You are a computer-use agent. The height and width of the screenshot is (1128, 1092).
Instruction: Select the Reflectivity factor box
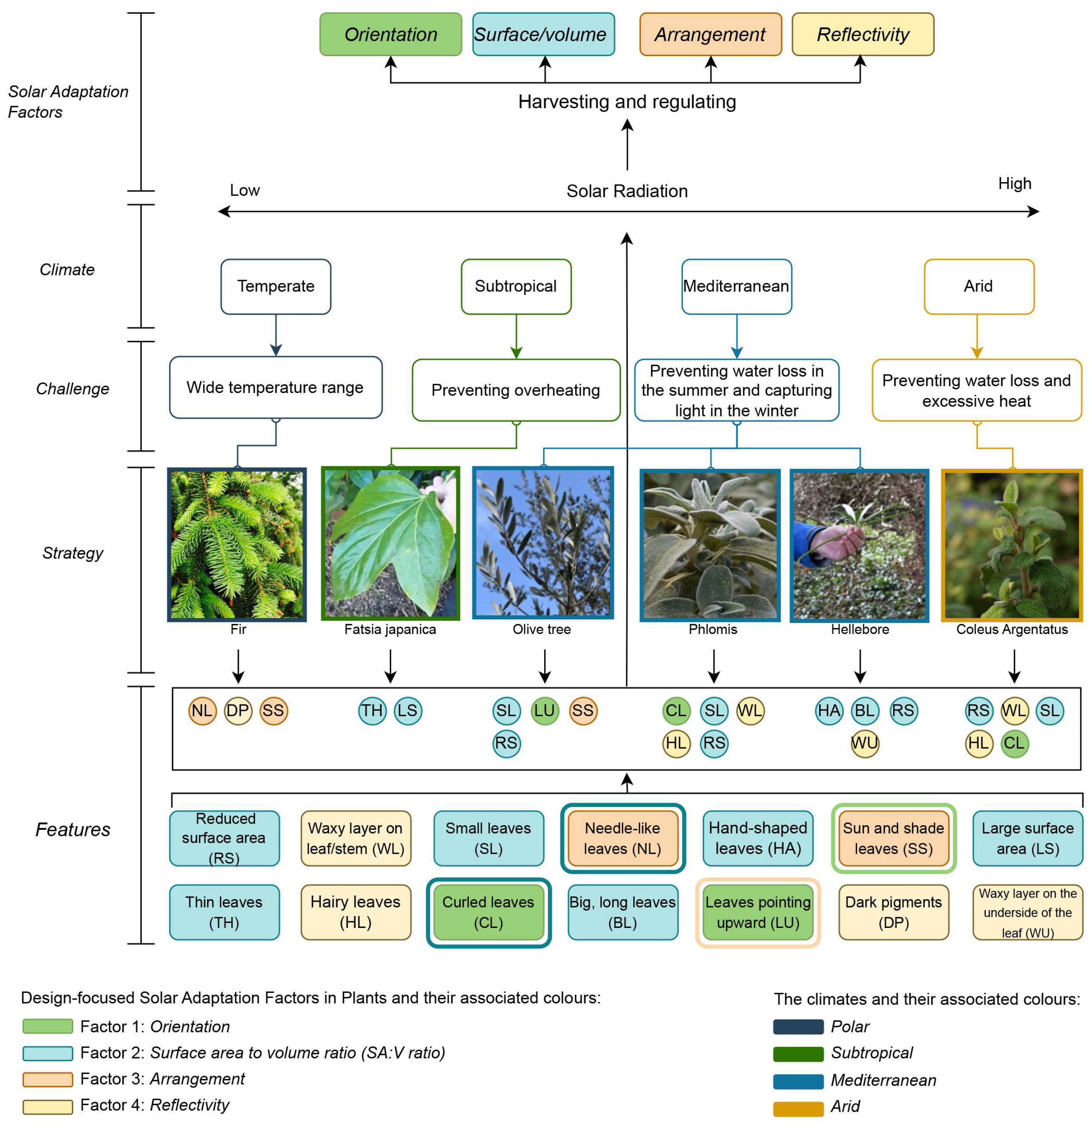point(862,35)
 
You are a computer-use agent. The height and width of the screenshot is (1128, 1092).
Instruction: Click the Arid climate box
point(978,286)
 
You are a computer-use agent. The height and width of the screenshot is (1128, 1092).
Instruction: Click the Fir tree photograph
point(237,544)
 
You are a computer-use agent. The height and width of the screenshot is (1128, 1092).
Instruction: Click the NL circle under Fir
point(202,711)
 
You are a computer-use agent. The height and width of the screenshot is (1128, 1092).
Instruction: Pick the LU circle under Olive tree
point(544,711)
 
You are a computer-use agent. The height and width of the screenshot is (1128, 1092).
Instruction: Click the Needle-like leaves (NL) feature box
point(622,838)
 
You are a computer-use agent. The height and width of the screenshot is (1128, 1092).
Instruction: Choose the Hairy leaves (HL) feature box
point(355,912)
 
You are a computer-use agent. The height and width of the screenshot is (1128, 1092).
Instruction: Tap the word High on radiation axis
point(1014,183)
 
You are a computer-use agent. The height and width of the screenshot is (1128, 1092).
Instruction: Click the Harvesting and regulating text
point(626,102)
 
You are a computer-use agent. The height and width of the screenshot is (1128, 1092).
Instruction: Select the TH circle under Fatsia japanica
point(372,711)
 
